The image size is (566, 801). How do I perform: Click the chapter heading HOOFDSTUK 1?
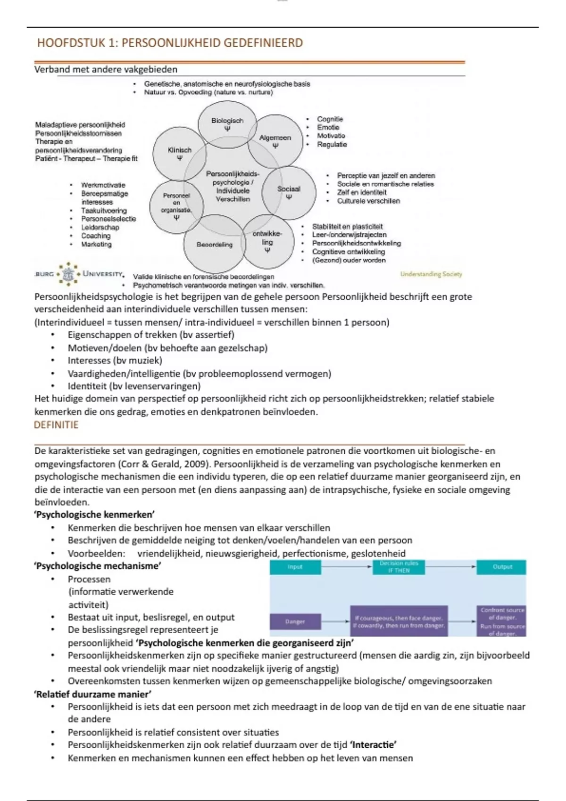tap(170, 43)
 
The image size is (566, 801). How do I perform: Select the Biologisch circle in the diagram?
tap(227, 123)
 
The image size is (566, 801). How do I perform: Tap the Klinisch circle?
tap(180, 153)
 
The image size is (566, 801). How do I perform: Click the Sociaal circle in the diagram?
tap(289, 192)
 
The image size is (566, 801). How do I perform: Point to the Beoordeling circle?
tap(215, 245)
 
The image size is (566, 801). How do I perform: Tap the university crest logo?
tap(69, 274)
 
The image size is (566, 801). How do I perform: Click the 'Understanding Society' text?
tap(431, 274)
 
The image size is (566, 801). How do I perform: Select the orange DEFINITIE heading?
tap(56, 425)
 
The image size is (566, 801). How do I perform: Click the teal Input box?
tap(295, 567)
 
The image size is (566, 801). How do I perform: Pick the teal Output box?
tap(502, 567)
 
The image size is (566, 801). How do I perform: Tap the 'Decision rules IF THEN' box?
tap(399, 567)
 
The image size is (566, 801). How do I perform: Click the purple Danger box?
tap(295, 621)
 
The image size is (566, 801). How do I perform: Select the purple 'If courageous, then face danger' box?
tap(399, 621)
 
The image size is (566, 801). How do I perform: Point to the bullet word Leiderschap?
tap(100, 227)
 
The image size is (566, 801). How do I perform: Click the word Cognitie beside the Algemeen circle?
tap(330, 119)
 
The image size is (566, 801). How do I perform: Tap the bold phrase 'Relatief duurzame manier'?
tap(93, 694)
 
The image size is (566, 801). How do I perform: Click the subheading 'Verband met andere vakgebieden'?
tap(106, 69)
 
